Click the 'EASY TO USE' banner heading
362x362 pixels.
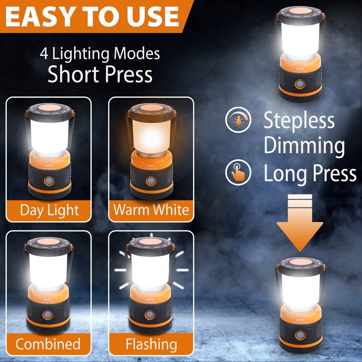coord(92,16)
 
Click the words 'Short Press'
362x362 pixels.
coord(100,74)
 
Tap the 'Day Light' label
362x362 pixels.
coord(49,210)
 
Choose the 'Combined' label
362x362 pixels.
coord(48,344)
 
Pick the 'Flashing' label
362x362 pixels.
coord(151,344)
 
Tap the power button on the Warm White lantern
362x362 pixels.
coord(151,181)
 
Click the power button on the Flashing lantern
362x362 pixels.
coord(150,315)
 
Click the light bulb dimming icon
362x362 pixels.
coord(238,120)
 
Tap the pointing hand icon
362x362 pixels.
coord(238,172)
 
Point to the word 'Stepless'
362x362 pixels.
coord(299,121)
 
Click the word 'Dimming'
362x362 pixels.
coord(304,146)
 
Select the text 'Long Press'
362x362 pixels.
coord(310,174)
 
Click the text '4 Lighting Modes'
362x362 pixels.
coord(100,53)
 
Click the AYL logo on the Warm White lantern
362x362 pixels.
coord(151,166)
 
